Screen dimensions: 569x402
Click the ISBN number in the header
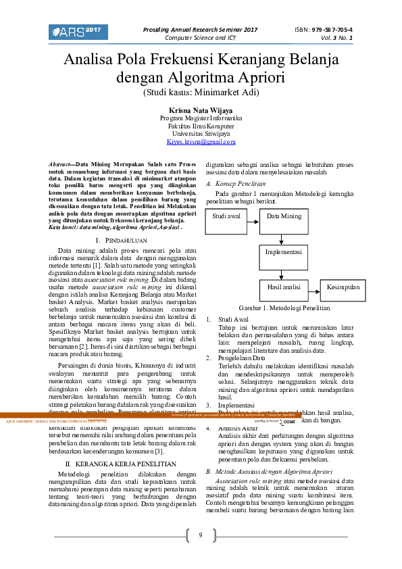323,30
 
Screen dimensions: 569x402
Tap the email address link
201,142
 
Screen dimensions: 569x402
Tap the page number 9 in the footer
200,536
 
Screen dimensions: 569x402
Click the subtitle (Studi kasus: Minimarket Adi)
201,93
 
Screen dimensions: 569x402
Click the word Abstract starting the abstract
61,164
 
